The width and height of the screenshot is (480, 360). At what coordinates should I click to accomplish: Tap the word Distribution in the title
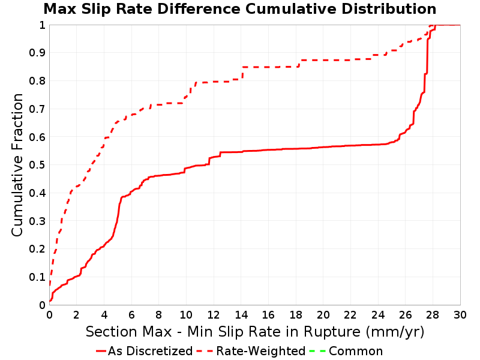(x=389, y=9)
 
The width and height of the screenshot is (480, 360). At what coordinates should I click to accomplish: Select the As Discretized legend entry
(x=144, y=351)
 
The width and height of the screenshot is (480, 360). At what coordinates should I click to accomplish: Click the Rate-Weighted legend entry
(x=251, y=351)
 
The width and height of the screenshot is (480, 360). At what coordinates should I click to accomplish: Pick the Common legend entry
(x=346, y=351)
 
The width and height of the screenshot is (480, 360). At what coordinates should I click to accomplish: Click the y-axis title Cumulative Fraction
(x=17, y=164)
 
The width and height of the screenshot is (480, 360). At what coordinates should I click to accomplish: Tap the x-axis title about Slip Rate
(x=255, y=332)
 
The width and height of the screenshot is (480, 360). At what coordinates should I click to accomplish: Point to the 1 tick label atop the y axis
(x=42, y=25)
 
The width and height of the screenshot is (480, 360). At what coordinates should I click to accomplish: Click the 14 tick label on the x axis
(x=241, y=314)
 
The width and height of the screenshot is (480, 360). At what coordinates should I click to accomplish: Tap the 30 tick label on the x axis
(x=460, y=314)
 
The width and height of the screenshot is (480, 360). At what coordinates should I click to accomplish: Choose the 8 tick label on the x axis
(x=159, y=314)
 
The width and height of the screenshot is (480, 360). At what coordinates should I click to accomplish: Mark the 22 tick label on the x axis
(x=350, y=314)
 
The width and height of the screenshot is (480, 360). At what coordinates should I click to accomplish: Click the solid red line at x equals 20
(x=323, y=147)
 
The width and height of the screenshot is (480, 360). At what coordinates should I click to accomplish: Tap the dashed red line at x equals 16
(x=268, y=67)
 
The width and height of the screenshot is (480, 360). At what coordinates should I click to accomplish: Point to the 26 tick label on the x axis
(x=406, y=314)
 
